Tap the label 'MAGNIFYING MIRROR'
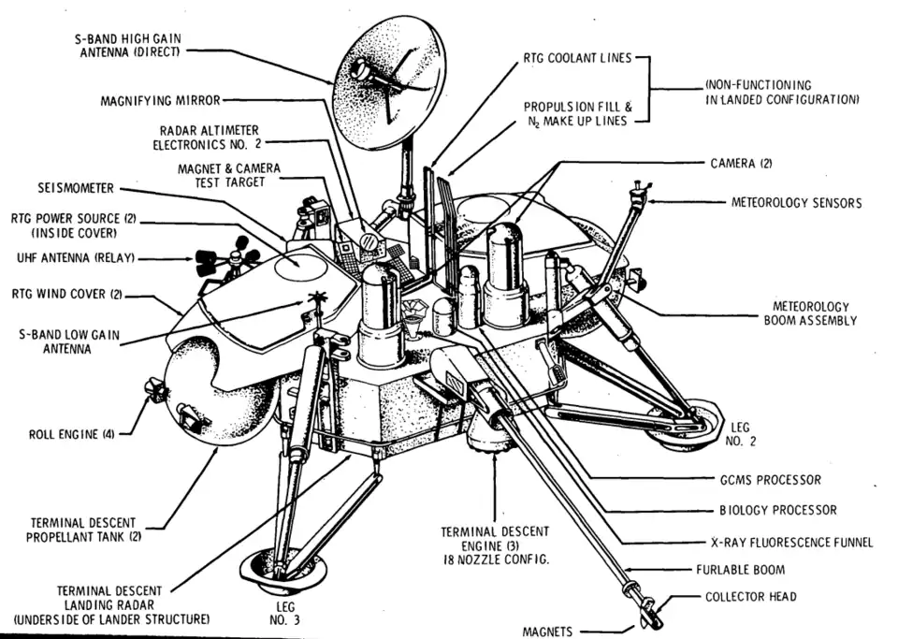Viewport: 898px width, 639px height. tap(160, 101)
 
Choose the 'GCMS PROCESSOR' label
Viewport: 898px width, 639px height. tap(764, 480)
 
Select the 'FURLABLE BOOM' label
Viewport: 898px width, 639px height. tap(740, 569)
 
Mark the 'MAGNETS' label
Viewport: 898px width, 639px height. tap(547, 632)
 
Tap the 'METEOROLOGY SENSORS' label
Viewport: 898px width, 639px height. tap(796, 203)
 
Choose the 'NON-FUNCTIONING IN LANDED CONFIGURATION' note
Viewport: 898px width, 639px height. tap(782, 92)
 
